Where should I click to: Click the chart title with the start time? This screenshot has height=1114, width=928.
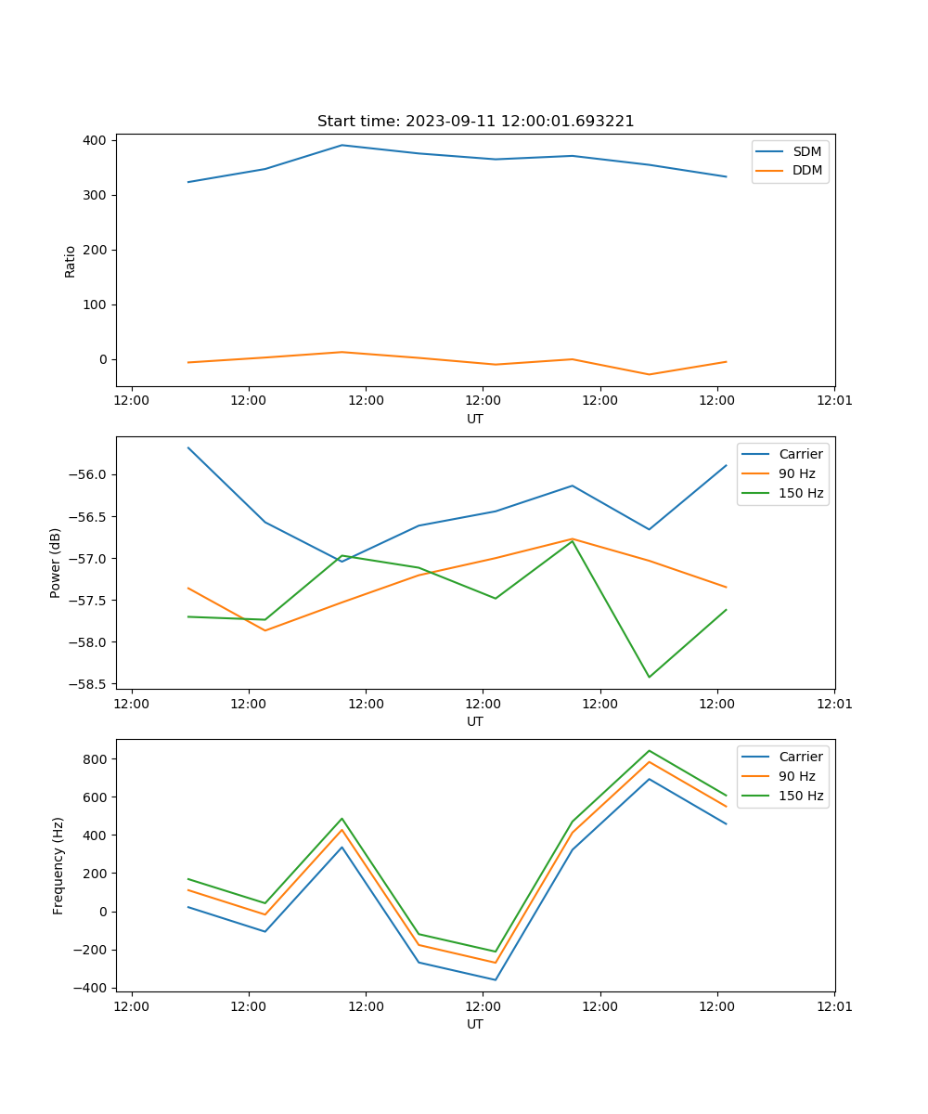point(475,122)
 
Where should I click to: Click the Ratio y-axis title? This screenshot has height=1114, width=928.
point(71,261)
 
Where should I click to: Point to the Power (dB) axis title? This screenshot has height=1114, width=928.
point(56,563)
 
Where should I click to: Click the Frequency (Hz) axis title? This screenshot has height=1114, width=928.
point(58,865)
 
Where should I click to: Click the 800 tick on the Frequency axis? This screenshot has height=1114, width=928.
point(96,759)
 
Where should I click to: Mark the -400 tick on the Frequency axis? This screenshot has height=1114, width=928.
point(92,988)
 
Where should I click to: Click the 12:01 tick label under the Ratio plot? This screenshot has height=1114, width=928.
point(833,401)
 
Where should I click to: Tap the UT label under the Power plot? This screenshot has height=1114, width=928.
point(474,721)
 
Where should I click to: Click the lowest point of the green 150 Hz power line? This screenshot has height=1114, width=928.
point(649,677)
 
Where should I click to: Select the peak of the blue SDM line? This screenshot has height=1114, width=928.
point(342,145)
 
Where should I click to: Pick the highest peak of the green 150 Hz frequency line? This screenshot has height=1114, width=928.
point(649,751)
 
